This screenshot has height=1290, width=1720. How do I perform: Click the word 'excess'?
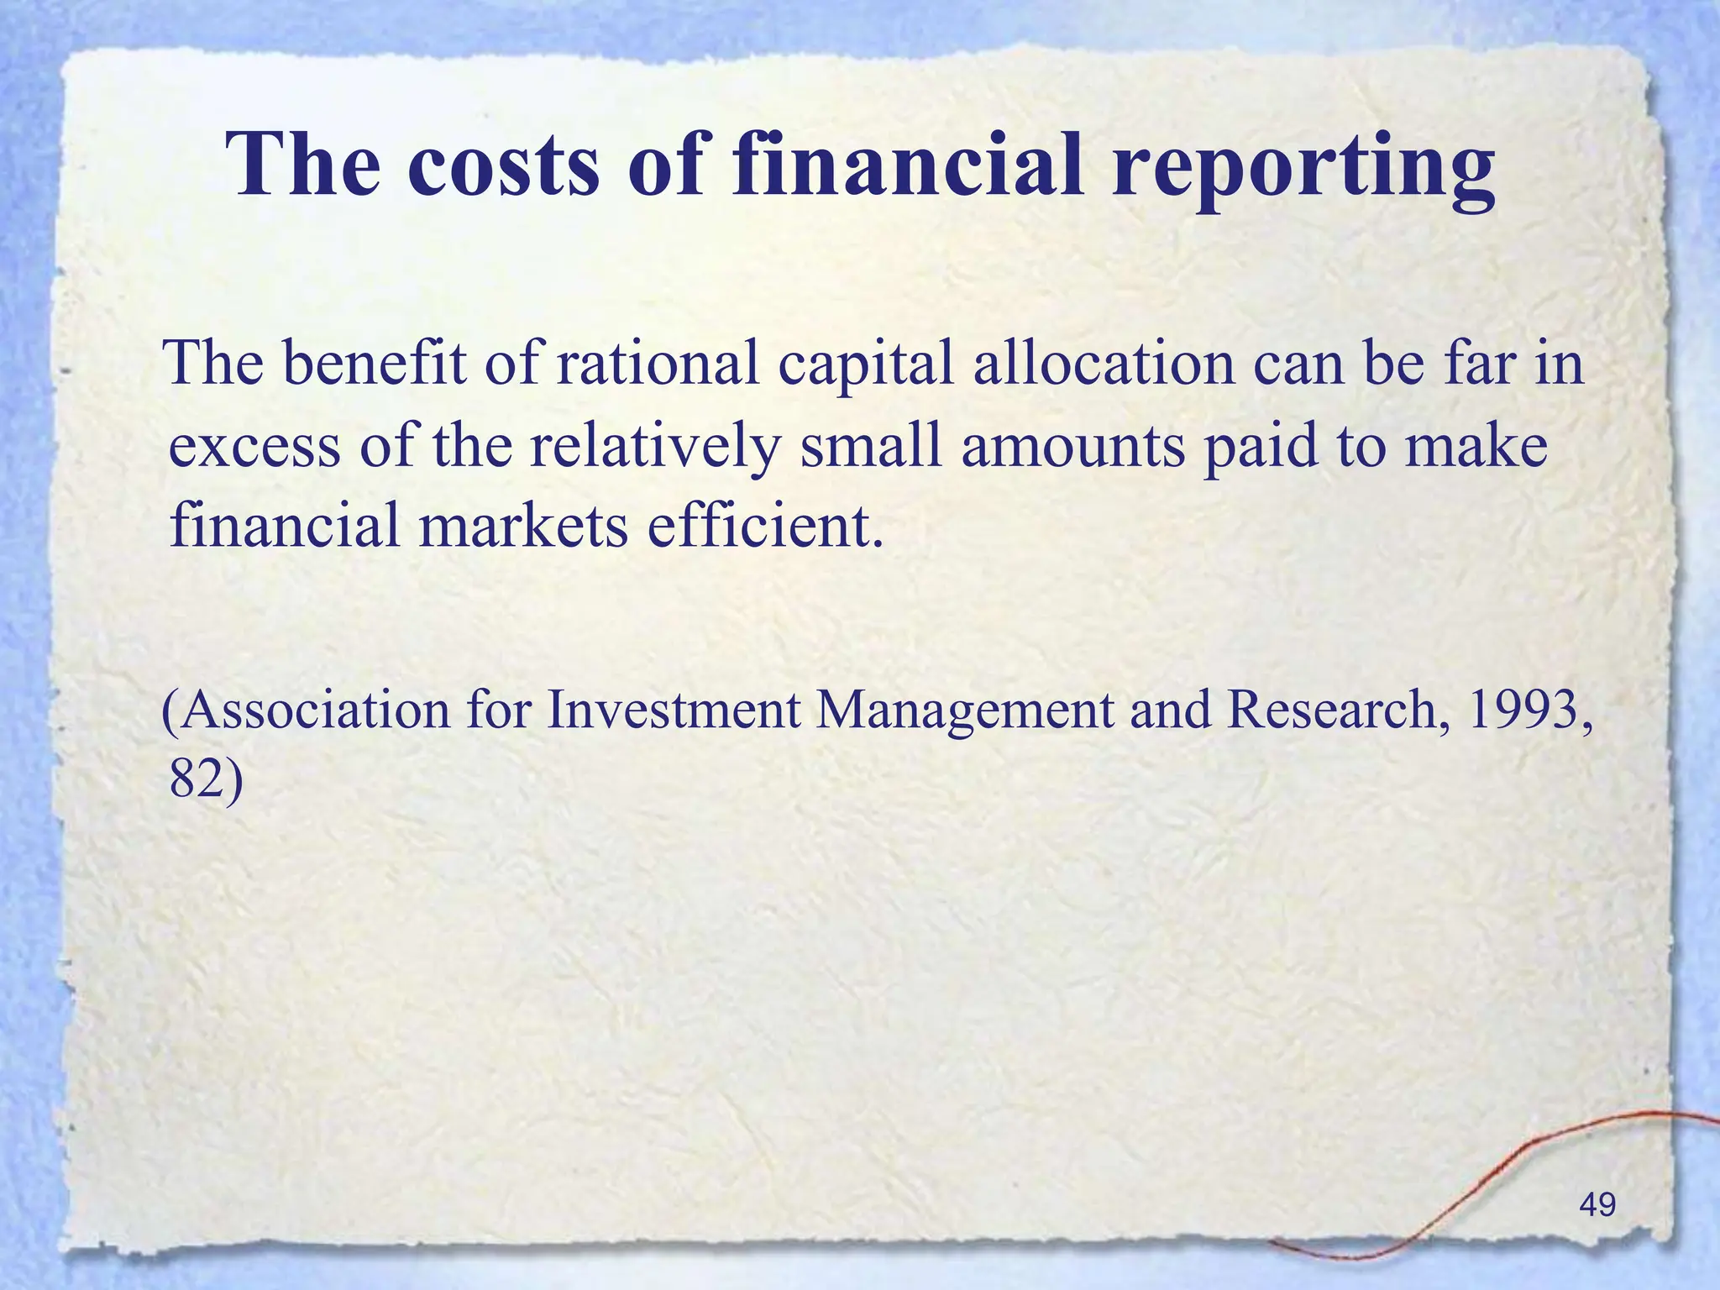point(254,446)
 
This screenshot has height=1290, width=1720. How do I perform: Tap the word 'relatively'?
point(655,446)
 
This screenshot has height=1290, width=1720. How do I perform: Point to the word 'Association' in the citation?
point(307,711)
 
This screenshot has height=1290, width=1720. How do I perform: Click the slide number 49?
point(1597,1204)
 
